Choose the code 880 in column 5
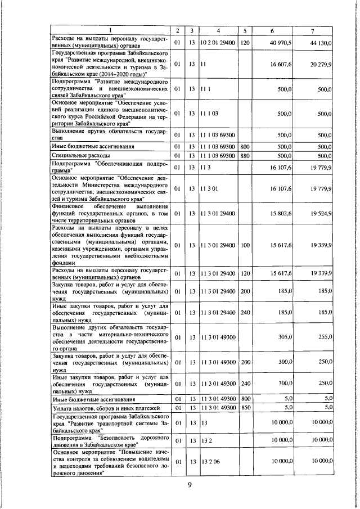pyautogui.click(x=245, y=155)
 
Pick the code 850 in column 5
pyautogui.click(x=245, y=407)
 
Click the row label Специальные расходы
pyautogui.click(x=76, y=155)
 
